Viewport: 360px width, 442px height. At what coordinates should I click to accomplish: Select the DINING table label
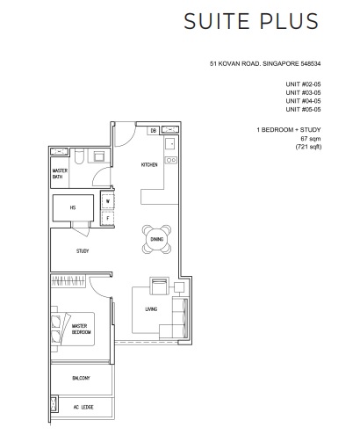[156, 239]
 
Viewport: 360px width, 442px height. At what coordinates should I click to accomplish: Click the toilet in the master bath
[80, 156]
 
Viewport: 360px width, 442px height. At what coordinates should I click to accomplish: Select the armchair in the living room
[158, 286]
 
